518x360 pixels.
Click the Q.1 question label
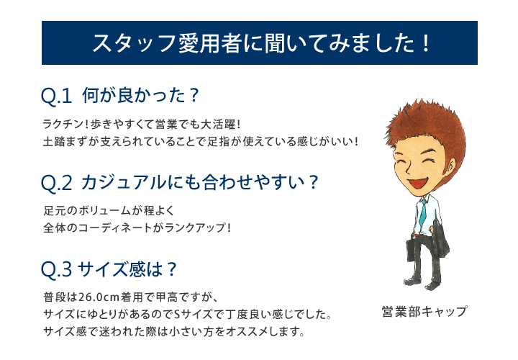56,96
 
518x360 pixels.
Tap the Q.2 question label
56,183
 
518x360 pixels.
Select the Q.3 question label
56,269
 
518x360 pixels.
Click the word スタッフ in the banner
134,43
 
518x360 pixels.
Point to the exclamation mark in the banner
425,43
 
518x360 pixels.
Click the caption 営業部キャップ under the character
424,312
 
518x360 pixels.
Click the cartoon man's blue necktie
423,212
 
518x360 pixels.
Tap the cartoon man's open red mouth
417,183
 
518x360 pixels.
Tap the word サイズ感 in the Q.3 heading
112,269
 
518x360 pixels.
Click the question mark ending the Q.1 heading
194,95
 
